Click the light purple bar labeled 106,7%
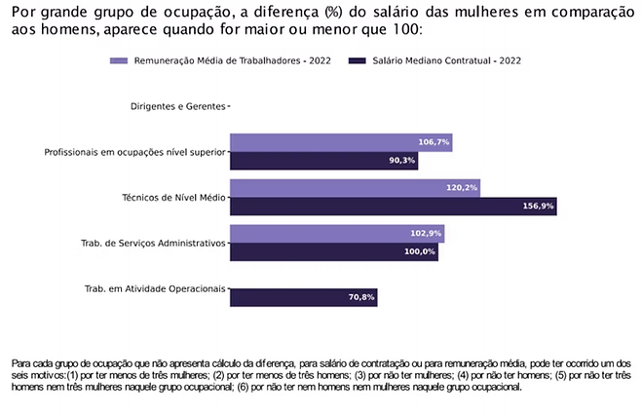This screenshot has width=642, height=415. tap(340, 142)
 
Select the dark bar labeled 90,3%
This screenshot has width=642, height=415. tap(323, 161)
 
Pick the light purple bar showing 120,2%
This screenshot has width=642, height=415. tap(355, 188)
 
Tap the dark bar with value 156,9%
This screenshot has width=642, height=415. tap(393, 207)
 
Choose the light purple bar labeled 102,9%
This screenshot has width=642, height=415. tap(336, 234)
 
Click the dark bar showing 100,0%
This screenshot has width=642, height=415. tap(333, 252)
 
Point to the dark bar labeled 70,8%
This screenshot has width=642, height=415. tap(303, 297)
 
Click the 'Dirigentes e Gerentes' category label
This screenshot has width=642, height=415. tap(177, 106)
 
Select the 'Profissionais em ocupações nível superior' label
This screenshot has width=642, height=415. tap(134, 152)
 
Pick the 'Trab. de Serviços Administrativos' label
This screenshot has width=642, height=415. tap(153, 243)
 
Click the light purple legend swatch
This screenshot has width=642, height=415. tap(119, 60)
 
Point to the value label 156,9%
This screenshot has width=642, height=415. tap(539, 207)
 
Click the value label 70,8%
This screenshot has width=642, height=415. tap(361, 297)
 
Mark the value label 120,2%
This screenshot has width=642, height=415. tap(462, 188)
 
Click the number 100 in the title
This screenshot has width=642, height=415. tap(407, 31)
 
